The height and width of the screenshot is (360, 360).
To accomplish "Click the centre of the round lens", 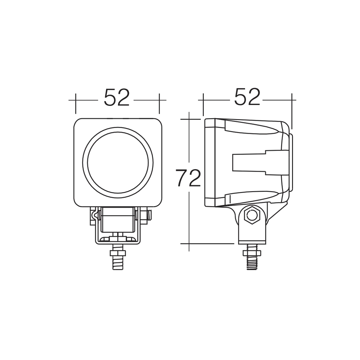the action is pyautogui.click(x=118, y=163).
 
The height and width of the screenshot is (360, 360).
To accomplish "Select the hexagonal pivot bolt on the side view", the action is pyautogui.click(x=252, y=215).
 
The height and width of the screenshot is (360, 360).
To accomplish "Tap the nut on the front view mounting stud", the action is pyautogui.click(x=118, y=253).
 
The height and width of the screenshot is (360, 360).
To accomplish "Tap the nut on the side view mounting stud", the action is pyautogui.click(x=252, y=253).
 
